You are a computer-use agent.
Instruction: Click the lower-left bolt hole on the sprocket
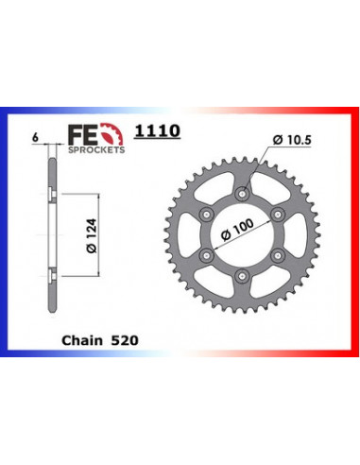point(208,255)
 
